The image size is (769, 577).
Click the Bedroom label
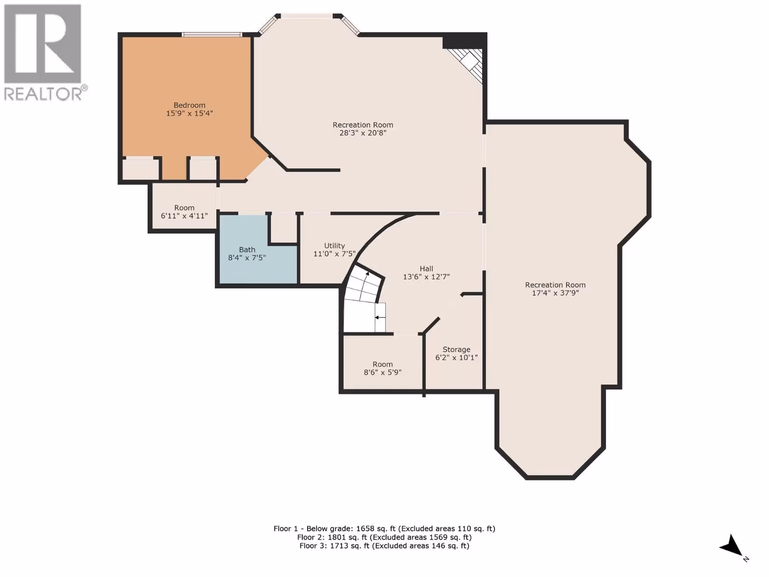click(x=189, y=105)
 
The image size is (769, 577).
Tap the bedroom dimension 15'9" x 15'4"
click(x=189, y=113)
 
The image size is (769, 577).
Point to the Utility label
click(x=335, y=246)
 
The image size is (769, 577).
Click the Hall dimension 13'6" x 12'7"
click(x=426, y=277)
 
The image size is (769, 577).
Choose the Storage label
click(x=457, y=349)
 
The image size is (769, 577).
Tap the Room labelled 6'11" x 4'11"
click(x=184, y=207)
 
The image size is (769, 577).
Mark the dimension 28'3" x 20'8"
click(x=363, y=133)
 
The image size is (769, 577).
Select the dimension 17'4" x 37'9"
click(x=555, y=293)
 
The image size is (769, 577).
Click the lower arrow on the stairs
click(x=380, y=317)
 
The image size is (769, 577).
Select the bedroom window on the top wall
click(x=212, y=35)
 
